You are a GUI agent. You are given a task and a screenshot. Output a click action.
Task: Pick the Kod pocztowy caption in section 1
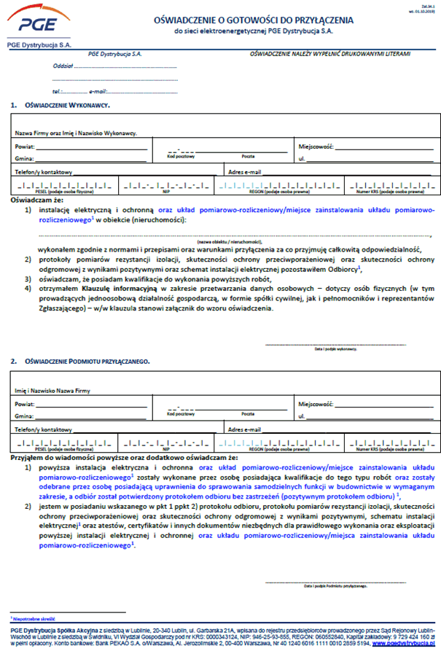(x=180, y=156)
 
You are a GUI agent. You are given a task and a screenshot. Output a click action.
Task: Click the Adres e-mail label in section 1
(x=244, y=172)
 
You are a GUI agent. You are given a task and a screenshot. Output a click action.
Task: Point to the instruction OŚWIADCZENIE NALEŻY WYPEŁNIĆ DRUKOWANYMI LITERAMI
(x=329, y=54)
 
